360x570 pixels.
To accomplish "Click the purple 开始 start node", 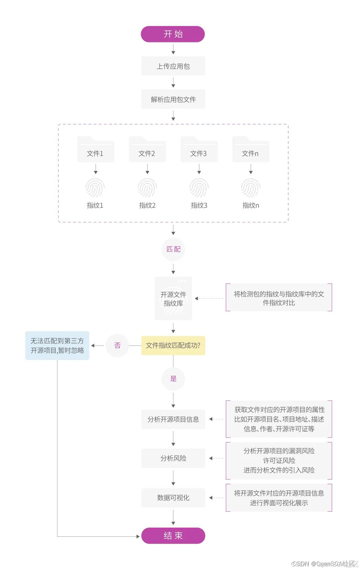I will point(173,34).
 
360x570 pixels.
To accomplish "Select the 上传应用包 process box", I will point(173,66).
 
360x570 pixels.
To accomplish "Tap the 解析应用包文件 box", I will point(173,99).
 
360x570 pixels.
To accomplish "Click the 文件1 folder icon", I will point(96,150).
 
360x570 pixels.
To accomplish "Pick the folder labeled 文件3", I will point(199,150).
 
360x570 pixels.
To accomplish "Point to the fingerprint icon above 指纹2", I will point(147,188).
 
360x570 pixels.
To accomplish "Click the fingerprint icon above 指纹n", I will point(251,188).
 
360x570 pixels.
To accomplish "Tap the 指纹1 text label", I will point(95,205).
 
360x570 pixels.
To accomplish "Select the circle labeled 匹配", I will point(173,249).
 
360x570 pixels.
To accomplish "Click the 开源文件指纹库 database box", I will point(173,299).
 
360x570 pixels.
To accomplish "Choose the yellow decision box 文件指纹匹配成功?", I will point(173,346).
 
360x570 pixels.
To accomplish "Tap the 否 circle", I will point(117,346).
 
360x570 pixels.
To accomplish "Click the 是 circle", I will point(173,379).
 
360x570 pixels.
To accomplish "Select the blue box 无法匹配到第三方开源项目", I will point(57,346).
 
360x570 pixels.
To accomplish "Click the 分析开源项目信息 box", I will point(173,419).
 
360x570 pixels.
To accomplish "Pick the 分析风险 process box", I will point(173,458).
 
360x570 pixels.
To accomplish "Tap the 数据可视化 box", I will point(173,498).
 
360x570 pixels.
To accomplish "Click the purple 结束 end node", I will point(173,536).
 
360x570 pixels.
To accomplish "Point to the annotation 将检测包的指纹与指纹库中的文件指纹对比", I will point(279,298).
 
